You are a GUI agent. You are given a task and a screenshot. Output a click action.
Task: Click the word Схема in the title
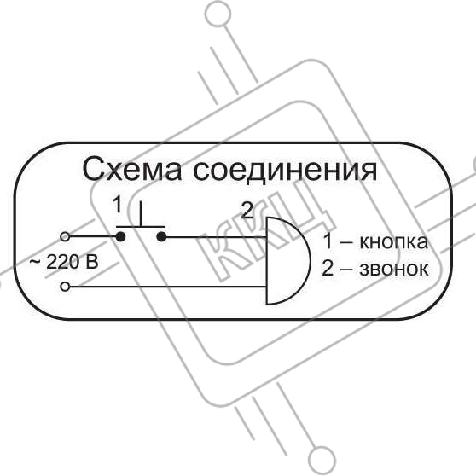coord(132,169)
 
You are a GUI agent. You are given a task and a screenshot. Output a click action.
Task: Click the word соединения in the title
coord(285,170)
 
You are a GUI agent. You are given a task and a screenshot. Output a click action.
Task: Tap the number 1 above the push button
coord(117,204)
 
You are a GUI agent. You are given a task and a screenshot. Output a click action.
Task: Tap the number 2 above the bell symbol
coord(247,211)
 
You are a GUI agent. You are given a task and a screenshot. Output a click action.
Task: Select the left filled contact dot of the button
coord(120,236)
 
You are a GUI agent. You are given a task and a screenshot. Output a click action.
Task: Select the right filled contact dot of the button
coord(161,236)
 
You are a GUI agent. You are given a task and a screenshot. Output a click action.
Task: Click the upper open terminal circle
coord(65,236)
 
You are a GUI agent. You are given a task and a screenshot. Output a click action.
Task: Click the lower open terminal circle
coord(65,287)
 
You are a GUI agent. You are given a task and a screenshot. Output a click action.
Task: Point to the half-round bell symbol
coord(311,260)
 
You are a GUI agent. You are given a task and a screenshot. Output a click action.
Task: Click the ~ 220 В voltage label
coord(64,262)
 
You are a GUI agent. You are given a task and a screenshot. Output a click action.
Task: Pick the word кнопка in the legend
coord(394,242)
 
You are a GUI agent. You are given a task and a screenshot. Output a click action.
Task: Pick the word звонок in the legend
coord(394,269)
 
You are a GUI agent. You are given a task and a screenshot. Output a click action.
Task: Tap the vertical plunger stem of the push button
coord(141,214)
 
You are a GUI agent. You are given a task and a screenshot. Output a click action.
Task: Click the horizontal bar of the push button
coord(141,226)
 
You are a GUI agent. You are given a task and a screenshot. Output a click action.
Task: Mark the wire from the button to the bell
coord(216,237)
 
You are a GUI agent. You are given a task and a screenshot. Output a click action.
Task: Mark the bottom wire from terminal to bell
coord(167,287)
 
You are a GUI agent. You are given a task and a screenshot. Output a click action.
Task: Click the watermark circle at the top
coord(218,14)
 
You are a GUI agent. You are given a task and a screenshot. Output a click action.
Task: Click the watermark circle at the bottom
coord(322,460)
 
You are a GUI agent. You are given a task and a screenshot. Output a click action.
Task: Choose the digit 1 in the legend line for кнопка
coord(328,241)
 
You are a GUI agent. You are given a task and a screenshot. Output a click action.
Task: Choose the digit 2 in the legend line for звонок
coord(328,269)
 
